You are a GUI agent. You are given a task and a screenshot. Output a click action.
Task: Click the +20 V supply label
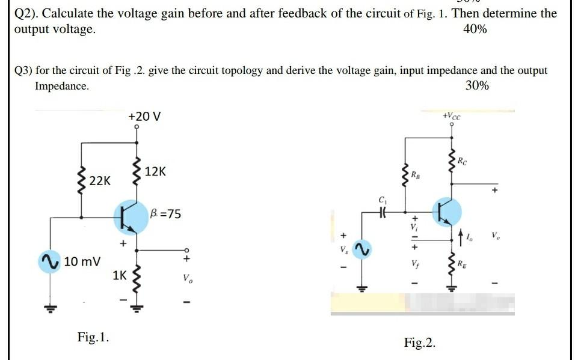click(x=144, y=116)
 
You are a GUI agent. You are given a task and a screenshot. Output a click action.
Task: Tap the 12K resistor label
click(x=156, y=172)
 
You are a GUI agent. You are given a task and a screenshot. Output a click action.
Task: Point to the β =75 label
click(x=165, y=214)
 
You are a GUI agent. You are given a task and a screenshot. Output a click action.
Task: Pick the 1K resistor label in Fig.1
click(x=120, y=276)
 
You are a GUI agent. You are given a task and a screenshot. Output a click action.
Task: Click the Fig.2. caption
click(x=420, y=343)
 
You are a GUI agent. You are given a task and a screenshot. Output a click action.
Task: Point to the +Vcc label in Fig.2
click(x=450, y=115)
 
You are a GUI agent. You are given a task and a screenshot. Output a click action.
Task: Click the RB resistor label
click(x=416, y=175)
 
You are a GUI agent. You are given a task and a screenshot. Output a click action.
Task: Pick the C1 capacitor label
click(x=381, y=200)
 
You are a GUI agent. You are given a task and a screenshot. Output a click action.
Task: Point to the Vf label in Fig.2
click(x=415, y=263)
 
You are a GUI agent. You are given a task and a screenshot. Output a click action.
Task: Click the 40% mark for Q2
click(x=475, y=29)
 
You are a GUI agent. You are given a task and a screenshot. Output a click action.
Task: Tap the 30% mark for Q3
click(x=477, y=86)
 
